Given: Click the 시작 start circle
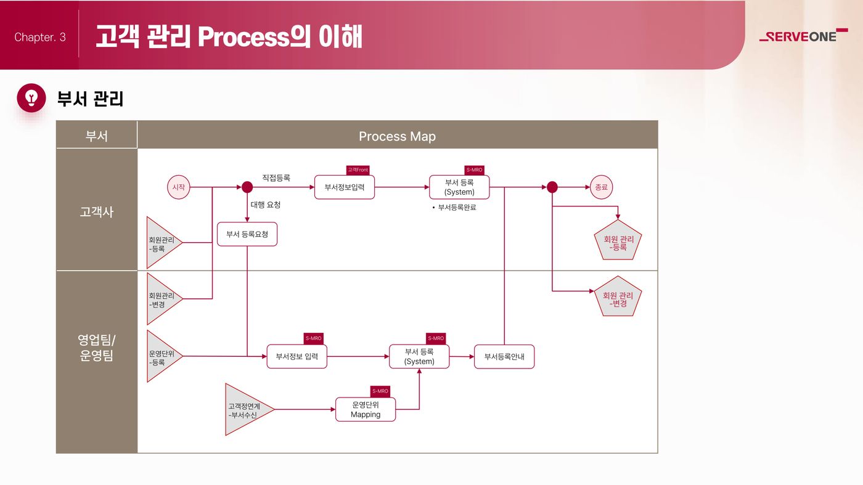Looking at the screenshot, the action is tap(178, 187).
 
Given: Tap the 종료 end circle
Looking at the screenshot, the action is tap(601, 187).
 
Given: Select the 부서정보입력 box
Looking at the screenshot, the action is tap(345, 187).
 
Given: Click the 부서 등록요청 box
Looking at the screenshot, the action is tap(247, 234).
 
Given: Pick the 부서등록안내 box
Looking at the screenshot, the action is tap(504, 357).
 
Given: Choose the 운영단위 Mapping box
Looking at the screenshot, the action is tap(365, 409).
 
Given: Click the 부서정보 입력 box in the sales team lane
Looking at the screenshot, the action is tap(297, 357).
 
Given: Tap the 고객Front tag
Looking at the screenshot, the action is tap(358, 170).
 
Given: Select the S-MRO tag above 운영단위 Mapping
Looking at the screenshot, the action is tap(380, 391).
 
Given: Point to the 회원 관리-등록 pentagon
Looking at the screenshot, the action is tap(618, 242).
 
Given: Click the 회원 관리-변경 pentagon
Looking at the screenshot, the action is tap(618, 298).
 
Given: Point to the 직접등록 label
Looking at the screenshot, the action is tap(276, 177).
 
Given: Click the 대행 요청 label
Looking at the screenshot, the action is tap(266, 205).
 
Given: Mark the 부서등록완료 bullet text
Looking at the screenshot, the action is tap(454, 208).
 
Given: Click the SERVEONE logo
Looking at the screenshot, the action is tap(803, 36).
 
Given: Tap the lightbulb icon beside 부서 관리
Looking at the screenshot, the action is tap(31, 98).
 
